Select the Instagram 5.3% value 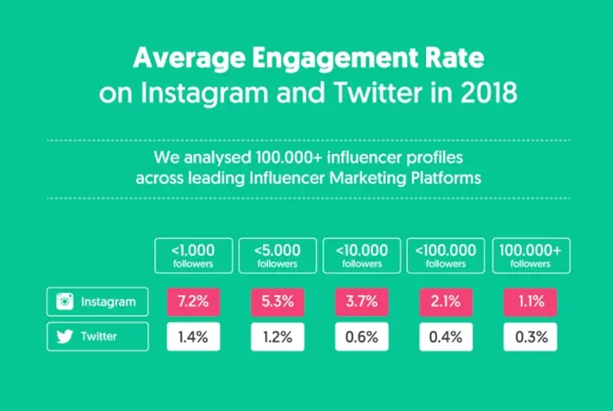click(277, 302)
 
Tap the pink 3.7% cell click(361, 302)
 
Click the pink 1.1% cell click(530, 302)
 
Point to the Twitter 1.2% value click(277, 337)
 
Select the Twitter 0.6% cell click(361, 337)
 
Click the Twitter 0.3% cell click(530, 337)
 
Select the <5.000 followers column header click(277, 256)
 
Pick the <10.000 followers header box click(361, 256)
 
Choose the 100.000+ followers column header click(530, 256)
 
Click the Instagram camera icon click(64, 302)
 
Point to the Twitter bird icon click(64, 337)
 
